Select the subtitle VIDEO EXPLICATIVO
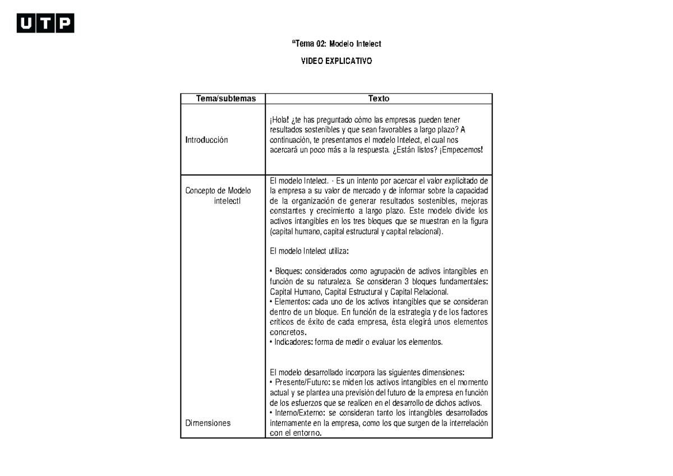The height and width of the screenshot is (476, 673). tap(336, 61)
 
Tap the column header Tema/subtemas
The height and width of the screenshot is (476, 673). tap(222, 99)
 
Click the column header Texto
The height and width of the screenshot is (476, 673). tap(379, 99)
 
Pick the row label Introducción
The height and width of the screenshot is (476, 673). tap(207, 140)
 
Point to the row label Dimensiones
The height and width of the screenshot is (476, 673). tap(208, 423)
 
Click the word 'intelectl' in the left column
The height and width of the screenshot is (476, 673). tap(227, 201)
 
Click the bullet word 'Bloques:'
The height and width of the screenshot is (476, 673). tap(288, 272)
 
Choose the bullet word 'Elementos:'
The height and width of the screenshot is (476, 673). tap(291, 302)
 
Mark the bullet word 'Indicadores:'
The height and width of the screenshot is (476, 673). tap(293, 342)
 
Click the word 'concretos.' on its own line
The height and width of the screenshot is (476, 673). tap(289, 332)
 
